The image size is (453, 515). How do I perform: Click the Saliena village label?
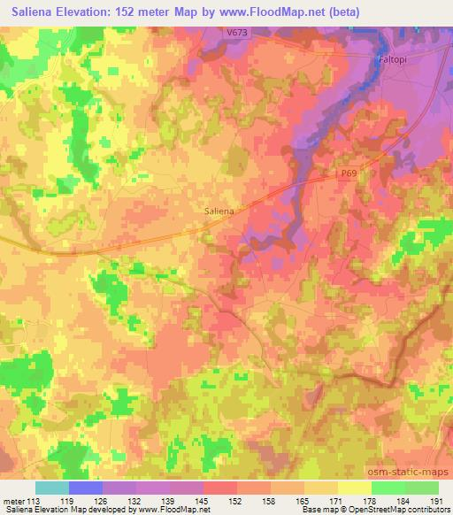pyautogui.click(x=219, y=211)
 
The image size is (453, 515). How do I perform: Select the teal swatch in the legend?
pyautogui.click(x=52, y=488)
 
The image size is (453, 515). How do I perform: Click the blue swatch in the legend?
pyautogui.click(x=86, y=488)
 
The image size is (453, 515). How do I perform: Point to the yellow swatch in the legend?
pyautogui.click(x=355, y=488)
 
